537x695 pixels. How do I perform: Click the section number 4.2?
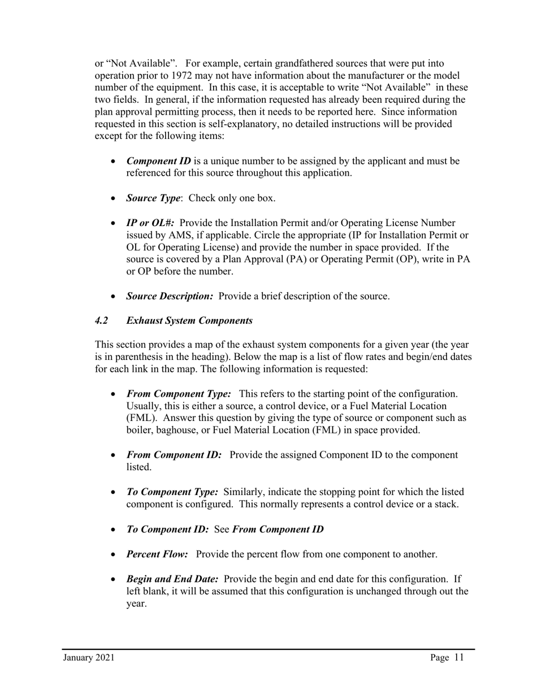tap(101, 321)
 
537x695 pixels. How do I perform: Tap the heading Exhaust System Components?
tap(189, 321)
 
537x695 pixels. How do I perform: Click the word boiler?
tap(139, 430)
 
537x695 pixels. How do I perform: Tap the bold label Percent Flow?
tap(157, 554)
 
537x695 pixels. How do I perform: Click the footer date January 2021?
tap(89, 658)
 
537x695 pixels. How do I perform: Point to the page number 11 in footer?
tap(458, 657)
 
